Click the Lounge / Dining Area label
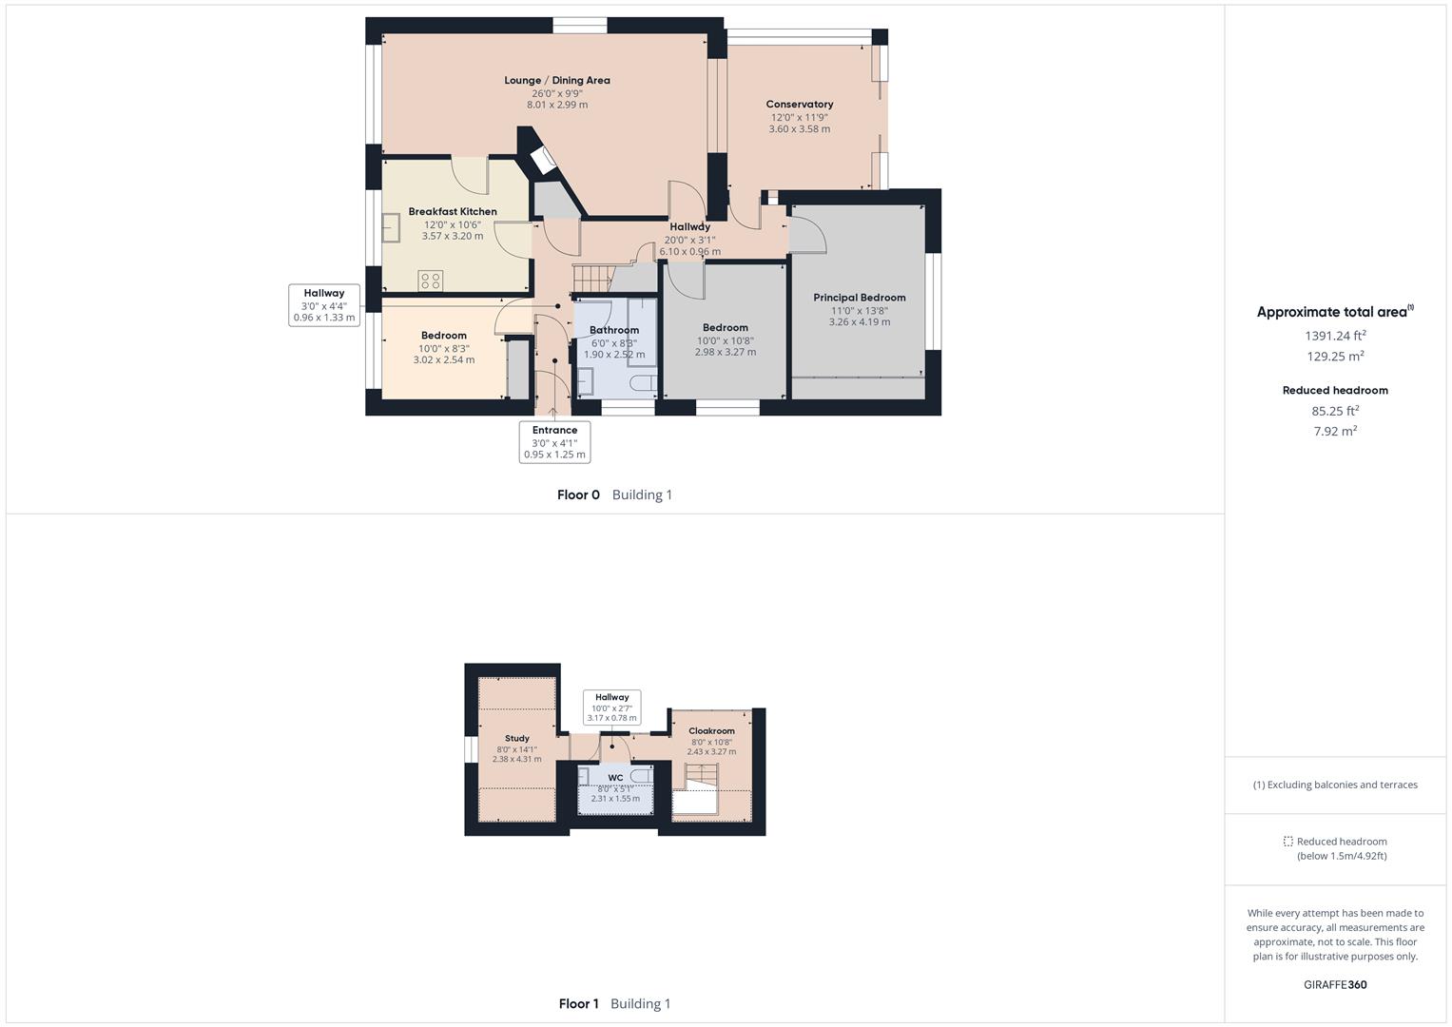click(557, 81)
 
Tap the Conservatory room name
click(799, 105)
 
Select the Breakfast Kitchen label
click(453, 212)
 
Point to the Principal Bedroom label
click(859, 298)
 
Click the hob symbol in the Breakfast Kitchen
click(430, 281)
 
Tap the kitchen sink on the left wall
click(391, 228)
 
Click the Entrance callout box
click(554, 442)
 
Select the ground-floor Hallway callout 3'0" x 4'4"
click(324, 305)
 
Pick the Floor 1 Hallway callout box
click(611, 707)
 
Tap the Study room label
click(516, 739)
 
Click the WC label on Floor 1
click(615, 778)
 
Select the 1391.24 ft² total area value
click(1334, 336)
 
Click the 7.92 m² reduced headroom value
click(1334, 432)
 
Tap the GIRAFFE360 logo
click(1334, 984)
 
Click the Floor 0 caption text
click(578, 494)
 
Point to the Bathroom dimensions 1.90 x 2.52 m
click(613, 355)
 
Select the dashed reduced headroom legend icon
click(1287, 842)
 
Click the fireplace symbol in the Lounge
click(543, 159)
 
